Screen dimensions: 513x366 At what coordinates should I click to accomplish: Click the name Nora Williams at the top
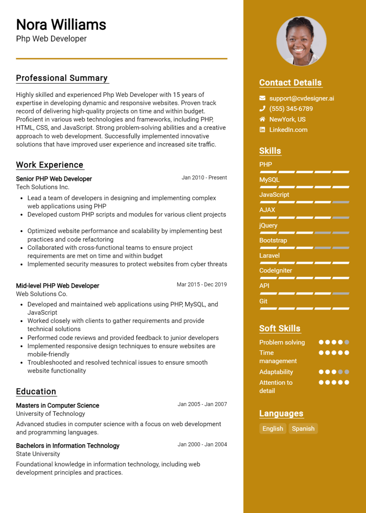click(61, 25)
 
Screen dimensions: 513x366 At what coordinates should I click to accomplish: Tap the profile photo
click(301, 41)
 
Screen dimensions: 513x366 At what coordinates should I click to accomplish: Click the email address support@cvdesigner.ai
click(301, 98)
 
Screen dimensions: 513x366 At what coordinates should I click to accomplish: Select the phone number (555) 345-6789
click(291, 109)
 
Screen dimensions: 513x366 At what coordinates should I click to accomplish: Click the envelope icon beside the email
click(262, 98)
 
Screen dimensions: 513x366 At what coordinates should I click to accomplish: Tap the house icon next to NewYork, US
click(262, 119)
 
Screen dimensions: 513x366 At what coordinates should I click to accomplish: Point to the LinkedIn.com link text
click(288, 130)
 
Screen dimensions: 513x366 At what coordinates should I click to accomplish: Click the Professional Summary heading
click(62, 78)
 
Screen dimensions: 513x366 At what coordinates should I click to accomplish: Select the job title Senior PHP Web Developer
click(54, 179)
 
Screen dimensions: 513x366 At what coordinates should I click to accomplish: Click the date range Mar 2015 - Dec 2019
click(202, 285)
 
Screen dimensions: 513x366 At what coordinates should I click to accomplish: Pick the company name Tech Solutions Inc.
click(43, 187)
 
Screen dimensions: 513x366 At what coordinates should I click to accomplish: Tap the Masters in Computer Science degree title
click(57, 405)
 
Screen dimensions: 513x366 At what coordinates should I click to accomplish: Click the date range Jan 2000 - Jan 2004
click(202, 445)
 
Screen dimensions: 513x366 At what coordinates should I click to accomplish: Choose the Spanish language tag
click(303, 429)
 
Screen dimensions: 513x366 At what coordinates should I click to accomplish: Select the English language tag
click(273, 429)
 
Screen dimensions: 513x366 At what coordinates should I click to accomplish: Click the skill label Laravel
click(269, 255)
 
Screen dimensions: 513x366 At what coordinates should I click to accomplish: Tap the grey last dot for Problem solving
click(347, 342)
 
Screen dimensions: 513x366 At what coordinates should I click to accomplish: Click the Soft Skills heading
click(280, 328)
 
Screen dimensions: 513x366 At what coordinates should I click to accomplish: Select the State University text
click(38, 454)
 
